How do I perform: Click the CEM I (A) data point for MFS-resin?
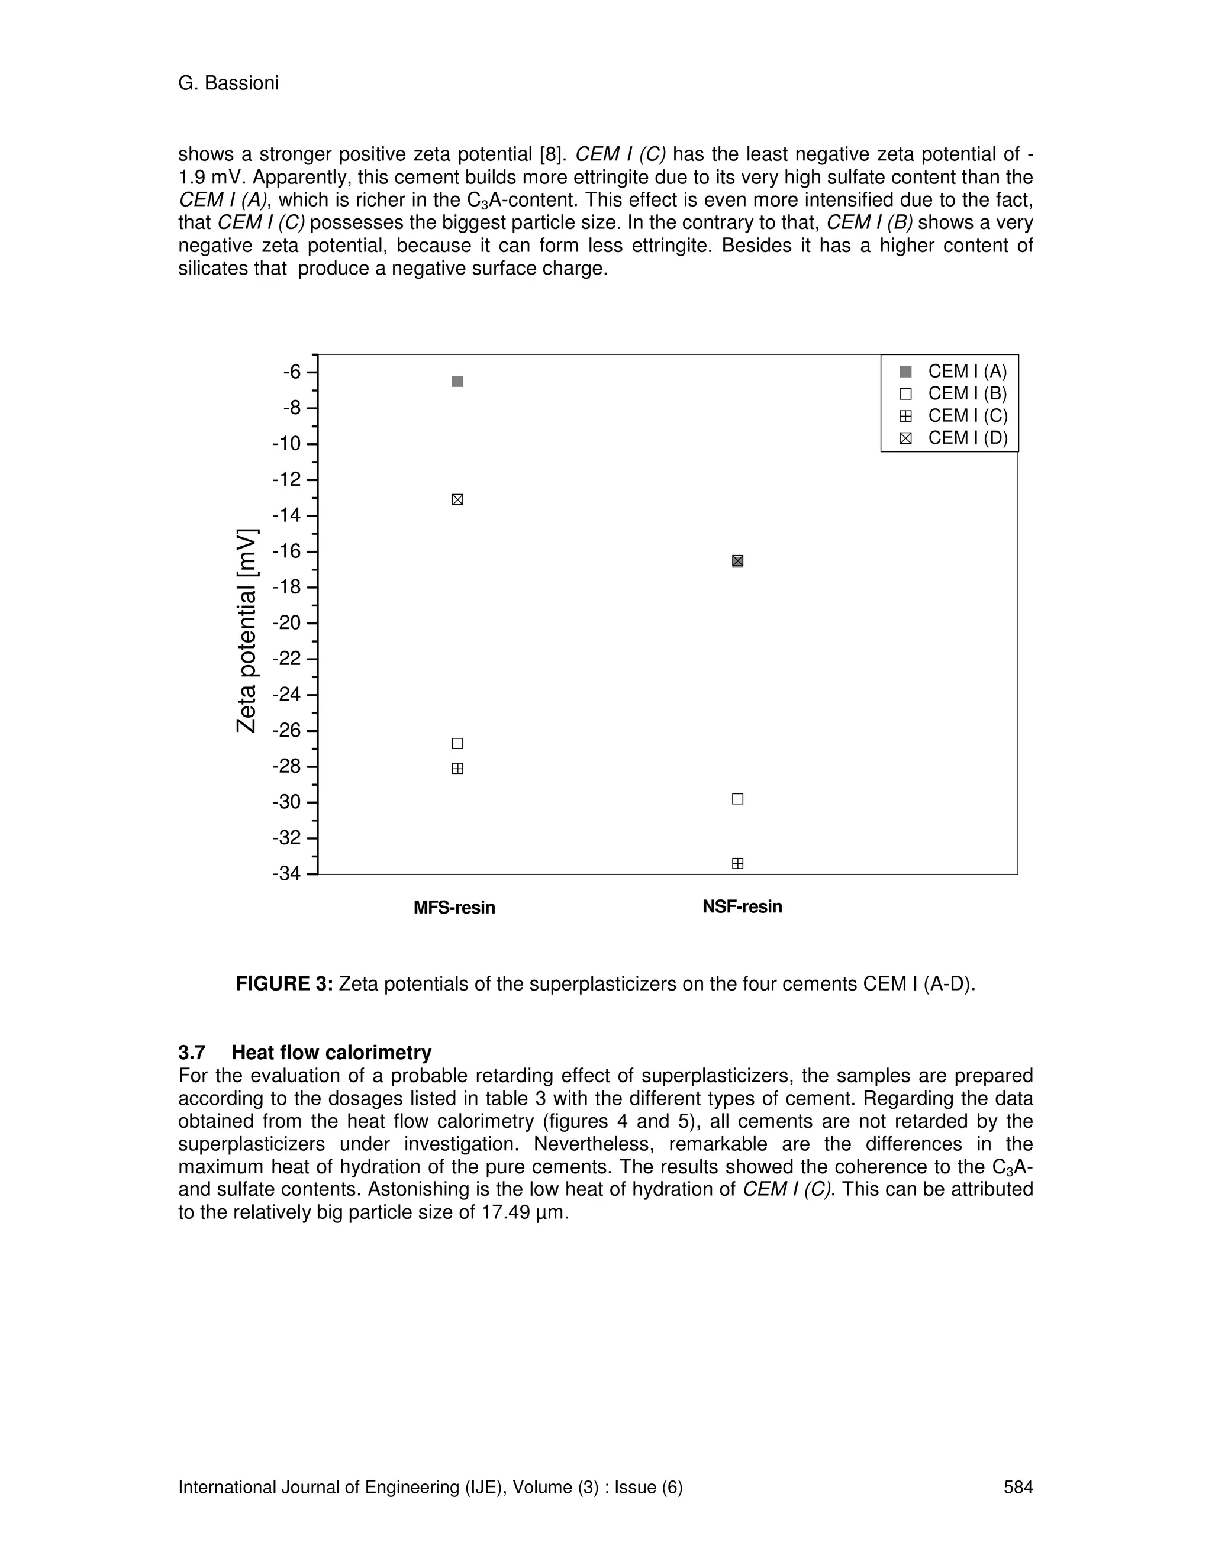point(457,381)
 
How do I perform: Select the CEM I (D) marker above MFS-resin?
point(457,500)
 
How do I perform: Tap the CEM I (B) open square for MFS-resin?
point(457,743)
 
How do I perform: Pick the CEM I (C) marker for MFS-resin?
point(457,768)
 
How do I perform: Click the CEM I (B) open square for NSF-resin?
point(737,799)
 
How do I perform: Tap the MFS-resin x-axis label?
point(454,908)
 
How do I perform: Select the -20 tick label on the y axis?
point(286,622)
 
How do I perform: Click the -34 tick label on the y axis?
point(286,874)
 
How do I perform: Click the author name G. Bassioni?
point(228,83)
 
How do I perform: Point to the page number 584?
point(1017,1487)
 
